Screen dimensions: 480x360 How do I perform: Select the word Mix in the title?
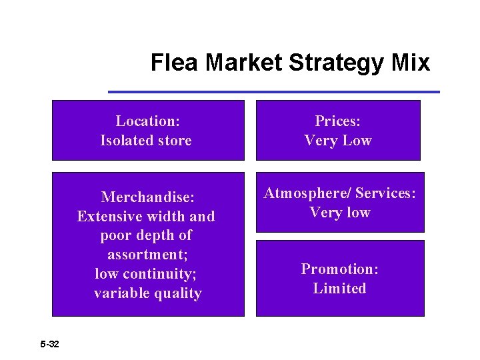pos(411,63)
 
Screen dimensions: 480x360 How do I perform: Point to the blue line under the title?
pos(273,91)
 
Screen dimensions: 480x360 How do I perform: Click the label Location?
pos(147,121)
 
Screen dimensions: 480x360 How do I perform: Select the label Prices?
pos(337,121)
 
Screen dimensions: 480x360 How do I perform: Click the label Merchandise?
pos(147,197)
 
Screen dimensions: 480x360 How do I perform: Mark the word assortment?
pos(147,255)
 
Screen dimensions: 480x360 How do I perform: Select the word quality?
pos(177,293)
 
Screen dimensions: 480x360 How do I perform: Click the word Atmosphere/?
pos(307,193)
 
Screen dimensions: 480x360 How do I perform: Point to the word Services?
pos(385,193)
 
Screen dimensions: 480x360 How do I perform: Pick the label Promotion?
pos(339,269)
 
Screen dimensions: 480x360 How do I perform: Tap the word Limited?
pos(339,289)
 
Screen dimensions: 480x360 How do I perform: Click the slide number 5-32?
pos(49,344)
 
